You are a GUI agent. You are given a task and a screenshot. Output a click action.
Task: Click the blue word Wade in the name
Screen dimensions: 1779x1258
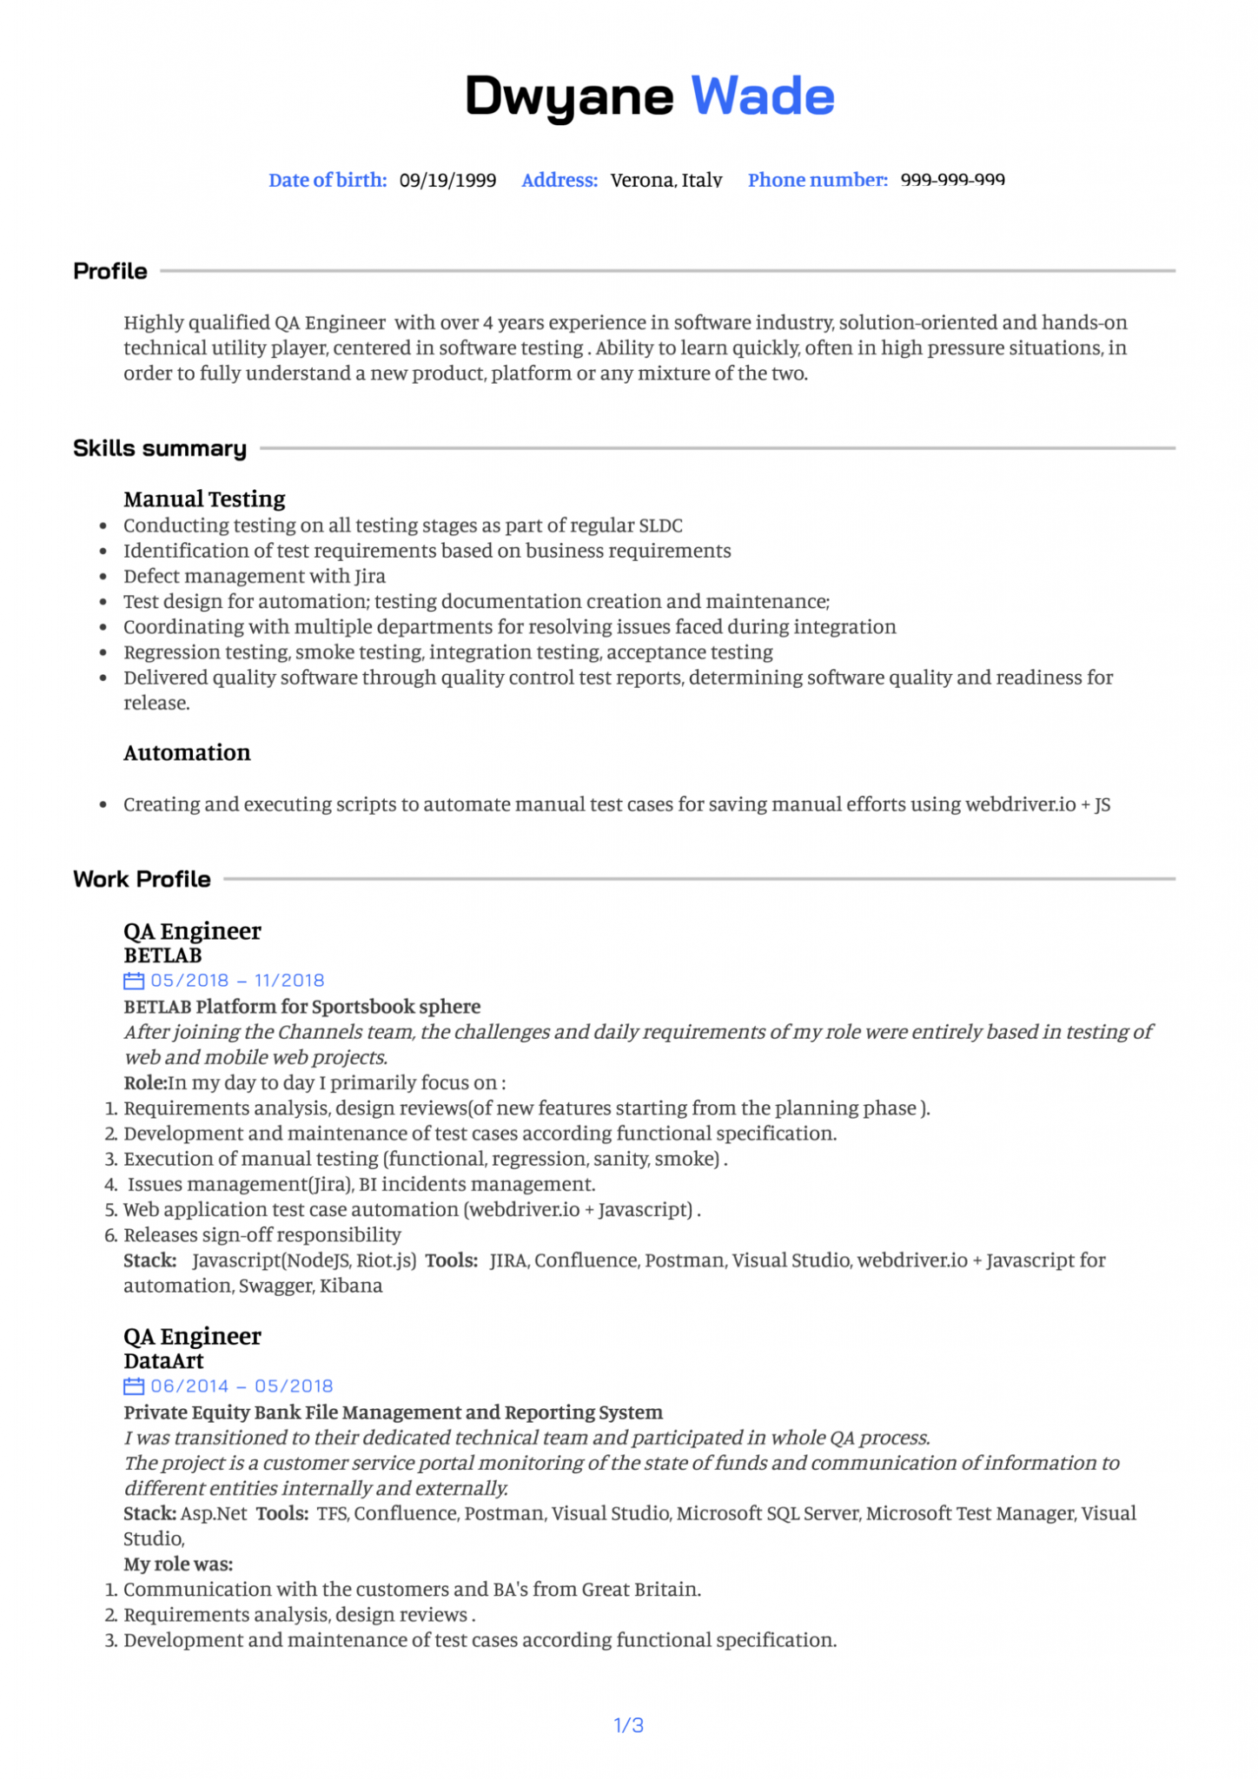point(762,96)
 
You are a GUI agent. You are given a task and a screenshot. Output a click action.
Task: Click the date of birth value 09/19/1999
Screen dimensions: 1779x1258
point(447,181)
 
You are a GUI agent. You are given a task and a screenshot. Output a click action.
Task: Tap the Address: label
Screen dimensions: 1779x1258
point(559,181)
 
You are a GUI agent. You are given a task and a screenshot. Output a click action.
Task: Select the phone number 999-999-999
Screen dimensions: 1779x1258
point(952,181)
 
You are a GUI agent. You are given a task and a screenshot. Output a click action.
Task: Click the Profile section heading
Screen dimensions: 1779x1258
point(110,271)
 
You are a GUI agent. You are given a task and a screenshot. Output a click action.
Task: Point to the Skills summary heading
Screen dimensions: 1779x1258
point(160,448)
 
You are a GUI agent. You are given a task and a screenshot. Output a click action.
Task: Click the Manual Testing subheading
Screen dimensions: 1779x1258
point(204,499)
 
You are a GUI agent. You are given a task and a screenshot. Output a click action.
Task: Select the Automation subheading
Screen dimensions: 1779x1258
point(187,752)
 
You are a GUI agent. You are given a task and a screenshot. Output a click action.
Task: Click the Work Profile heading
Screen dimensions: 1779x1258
point(142,879)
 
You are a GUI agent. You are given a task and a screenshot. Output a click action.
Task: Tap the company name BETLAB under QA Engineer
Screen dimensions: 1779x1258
point(162,956)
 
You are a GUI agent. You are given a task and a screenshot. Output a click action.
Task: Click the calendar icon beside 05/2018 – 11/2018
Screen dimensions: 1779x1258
point(134,981)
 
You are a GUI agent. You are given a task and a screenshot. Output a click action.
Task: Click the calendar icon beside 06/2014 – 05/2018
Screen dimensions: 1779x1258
point(134,1386)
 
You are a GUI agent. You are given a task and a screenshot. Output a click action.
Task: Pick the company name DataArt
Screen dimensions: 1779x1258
point(163,1361)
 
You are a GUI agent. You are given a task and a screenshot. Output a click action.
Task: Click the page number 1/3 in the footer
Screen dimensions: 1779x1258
point(629,1725)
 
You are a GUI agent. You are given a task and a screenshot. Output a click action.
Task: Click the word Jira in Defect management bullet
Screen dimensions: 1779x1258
point(369,576)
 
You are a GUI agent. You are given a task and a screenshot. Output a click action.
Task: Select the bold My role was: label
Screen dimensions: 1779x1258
point(178,1564)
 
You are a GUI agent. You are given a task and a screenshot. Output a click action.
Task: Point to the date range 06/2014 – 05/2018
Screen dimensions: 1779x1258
point(242,1386)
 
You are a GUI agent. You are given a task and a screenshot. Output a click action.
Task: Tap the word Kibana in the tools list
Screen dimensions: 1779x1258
point(351,1286)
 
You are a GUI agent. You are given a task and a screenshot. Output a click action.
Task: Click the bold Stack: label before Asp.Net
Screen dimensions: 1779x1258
point(149,1513)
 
